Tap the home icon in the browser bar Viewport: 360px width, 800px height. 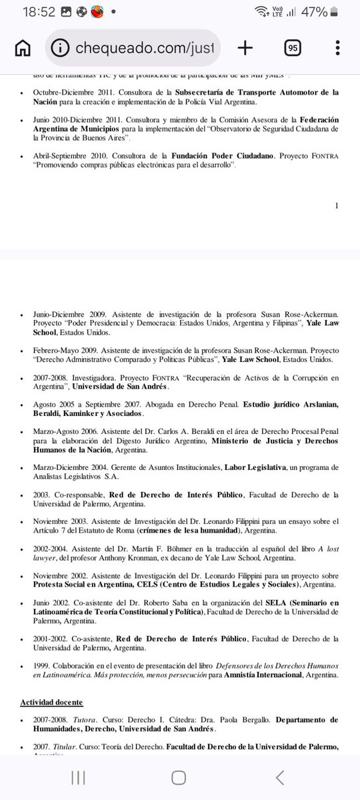tap(23, 48)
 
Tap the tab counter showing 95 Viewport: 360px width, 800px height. tap(292, 48)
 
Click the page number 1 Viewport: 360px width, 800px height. tap(337, 205)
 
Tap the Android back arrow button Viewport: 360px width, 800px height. tap(281, 777)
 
